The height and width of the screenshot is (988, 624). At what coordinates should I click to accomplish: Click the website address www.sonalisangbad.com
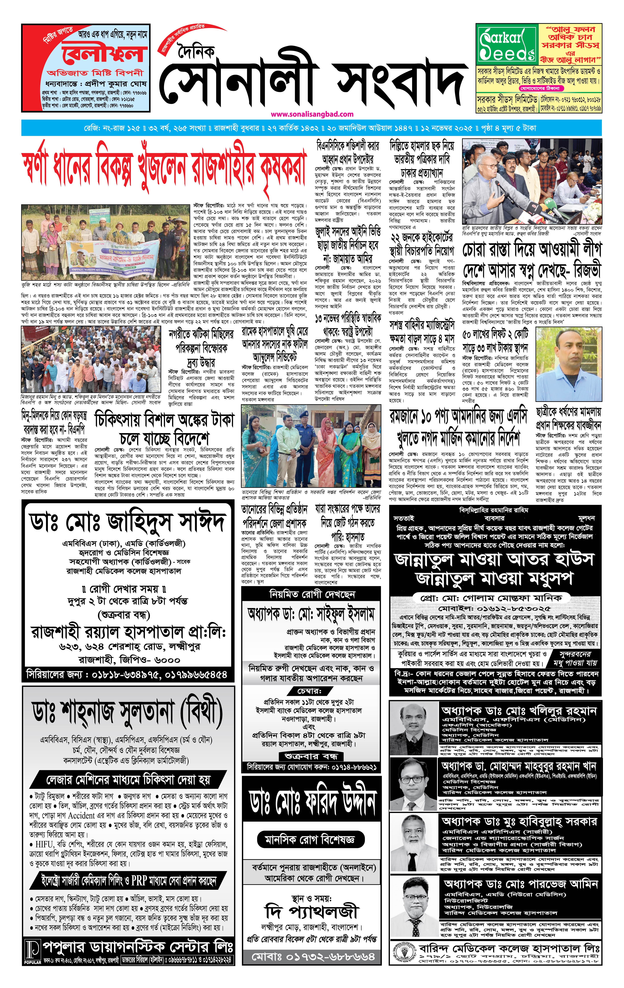click(312, 114)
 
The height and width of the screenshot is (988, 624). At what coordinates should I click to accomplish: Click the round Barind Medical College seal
click(403, 954)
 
